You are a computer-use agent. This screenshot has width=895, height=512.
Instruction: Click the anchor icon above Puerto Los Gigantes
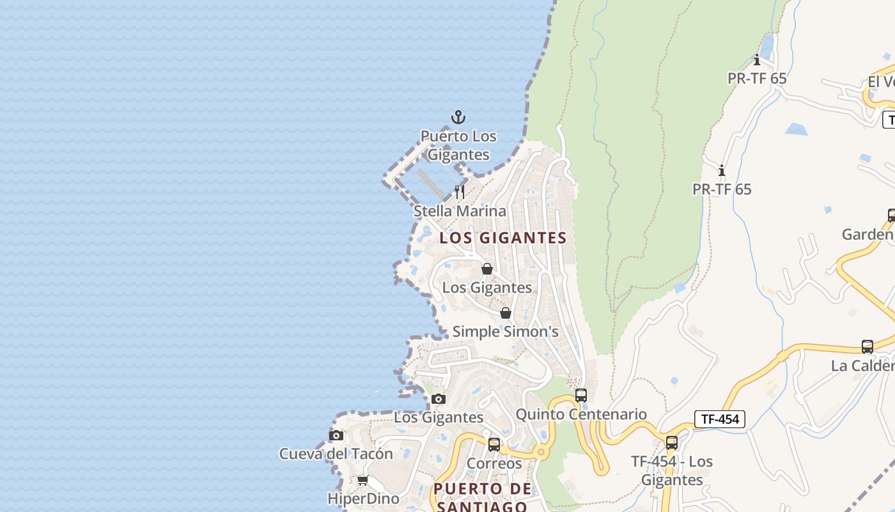tap(458, 117)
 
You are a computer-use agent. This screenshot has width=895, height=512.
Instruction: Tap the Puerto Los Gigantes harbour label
tap(458, 145)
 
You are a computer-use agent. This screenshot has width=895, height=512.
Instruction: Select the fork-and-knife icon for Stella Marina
tap(460, 191)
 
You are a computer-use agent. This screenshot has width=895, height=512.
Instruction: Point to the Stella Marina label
tap(460, 211)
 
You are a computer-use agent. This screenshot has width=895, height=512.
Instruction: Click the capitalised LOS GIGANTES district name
tap(503, 237)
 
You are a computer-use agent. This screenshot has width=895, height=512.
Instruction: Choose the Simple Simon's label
tap(505, 332)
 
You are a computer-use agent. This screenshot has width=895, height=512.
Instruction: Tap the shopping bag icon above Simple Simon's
tap(506, 313)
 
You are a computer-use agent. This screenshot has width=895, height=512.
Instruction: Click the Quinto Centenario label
tap(581, 414)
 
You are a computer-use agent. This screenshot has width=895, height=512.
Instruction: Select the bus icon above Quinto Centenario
tap(581, 396)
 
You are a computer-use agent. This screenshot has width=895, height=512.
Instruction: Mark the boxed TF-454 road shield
tap(720, 419)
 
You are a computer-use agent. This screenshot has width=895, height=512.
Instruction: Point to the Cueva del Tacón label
tap(336, 454)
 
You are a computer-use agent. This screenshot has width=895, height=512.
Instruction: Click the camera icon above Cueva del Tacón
tap(336, 435)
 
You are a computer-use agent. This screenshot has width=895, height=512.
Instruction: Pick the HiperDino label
tap(363, 499)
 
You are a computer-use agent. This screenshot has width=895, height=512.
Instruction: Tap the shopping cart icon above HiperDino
tap(362, 480)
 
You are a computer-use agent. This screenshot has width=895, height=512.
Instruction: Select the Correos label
tap(494, 463)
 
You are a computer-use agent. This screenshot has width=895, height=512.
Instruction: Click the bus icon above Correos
tap(494, 444)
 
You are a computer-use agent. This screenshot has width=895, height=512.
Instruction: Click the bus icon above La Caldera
tap(868, 347)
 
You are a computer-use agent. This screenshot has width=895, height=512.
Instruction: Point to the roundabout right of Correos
tap(541, 452)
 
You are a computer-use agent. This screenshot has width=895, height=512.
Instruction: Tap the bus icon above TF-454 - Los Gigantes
tap(671, 443)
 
